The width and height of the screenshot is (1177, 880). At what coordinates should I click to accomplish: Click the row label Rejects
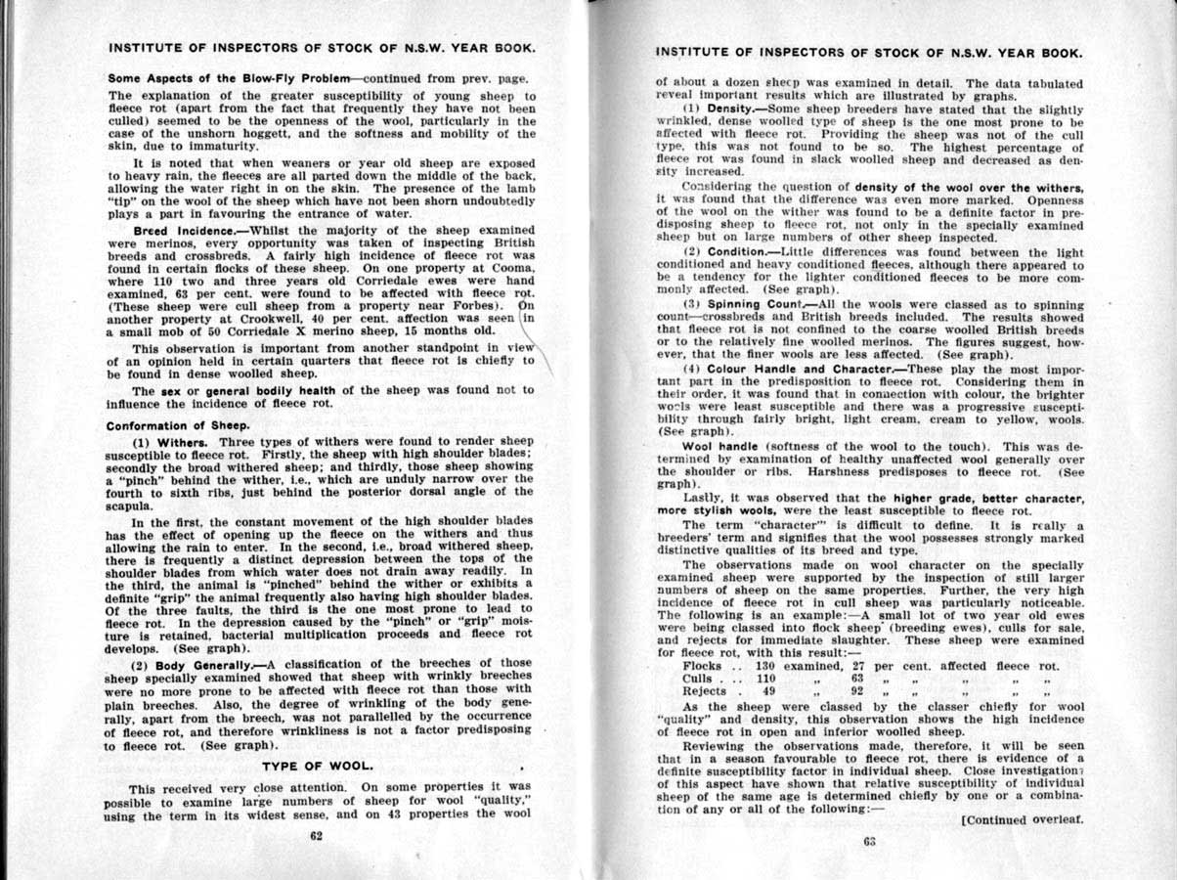pos(704,691)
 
